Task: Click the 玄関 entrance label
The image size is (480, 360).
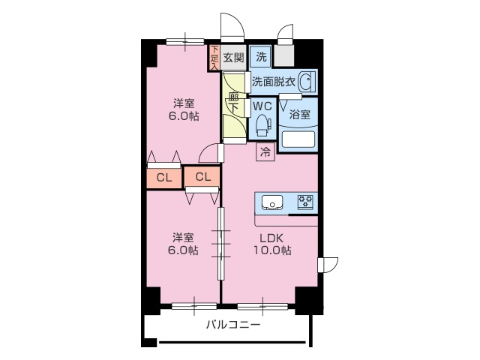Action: (x=233, y=58)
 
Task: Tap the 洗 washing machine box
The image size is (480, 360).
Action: (x=260, y=57)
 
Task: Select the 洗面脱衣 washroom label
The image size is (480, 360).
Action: (x=273, y=81)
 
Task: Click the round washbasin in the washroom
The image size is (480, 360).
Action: (x=306, y=81)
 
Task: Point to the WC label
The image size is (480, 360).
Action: (x=262, y=106)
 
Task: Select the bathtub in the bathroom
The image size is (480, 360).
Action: (x=298, y=139)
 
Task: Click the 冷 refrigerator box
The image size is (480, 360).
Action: (x=265, y=153)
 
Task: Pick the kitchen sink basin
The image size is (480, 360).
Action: (x=271, y=202)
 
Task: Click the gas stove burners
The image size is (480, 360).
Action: (x=306, y=201)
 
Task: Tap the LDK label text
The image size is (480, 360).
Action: (x=271, y=238)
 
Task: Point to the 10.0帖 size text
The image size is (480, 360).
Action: (x=271, y=250)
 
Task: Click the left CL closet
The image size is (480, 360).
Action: (x=164, y=178)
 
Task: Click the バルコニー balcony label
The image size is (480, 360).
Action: (x=233, y=325)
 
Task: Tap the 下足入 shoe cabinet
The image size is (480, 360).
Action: (x=214, y=58)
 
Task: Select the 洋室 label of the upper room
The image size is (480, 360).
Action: (x=183, y=103)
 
